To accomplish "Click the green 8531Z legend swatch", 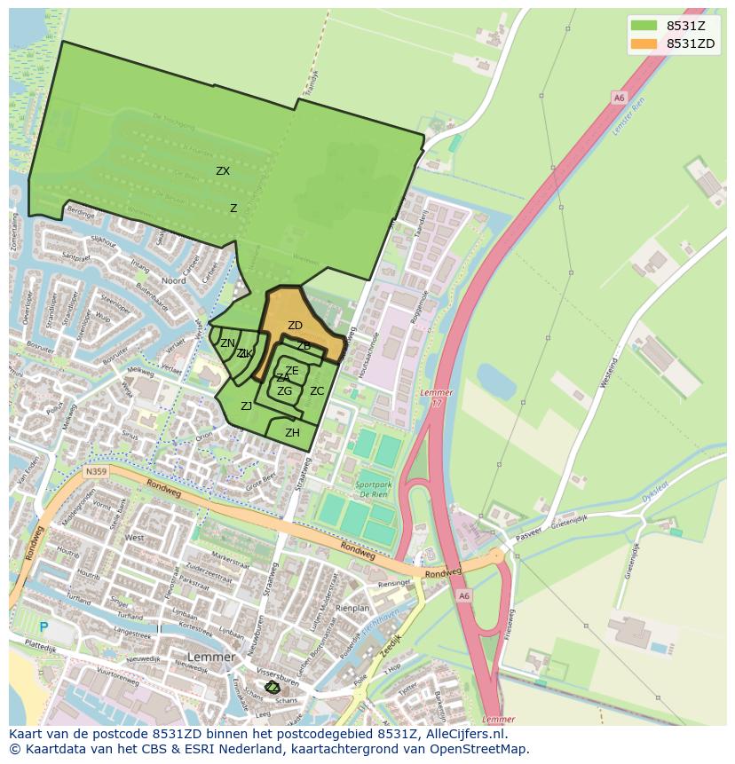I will [644, 26].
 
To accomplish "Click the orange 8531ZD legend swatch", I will [644, 43].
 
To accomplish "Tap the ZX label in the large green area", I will [223, 171].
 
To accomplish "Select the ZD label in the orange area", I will [295, 326].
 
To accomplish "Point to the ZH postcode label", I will [292, 433].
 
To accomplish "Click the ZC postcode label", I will [317, 390].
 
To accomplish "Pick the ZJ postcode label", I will [247, 406].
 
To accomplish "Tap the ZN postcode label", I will [228, 343].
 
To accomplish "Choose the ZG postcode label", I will [284, 390].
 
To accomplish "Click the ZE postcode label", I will [291, 371].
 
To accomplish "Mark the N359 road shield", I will [95, 474].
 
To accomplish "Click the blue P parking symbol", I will [43, 626].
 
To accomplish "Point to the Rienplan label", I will [352, 609].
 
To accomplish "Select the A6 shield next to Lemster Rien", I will [618, 98].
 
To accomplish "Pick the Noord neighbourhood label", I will [173, 280].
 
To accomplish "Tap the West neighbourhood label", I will [134, 538].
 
